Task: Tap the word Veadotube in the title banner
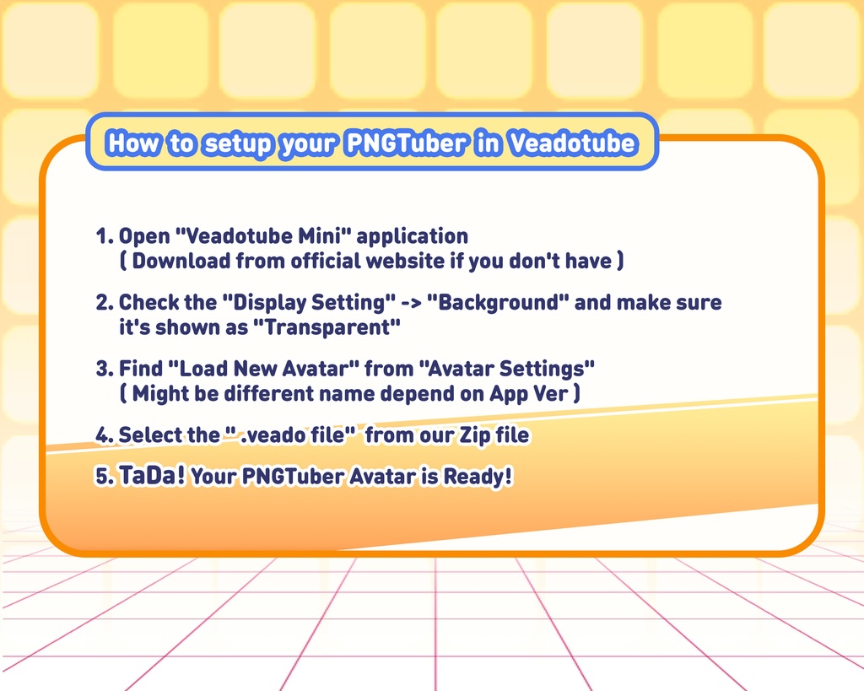coord(573,143)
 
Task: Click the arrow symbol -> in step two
coord(411,303)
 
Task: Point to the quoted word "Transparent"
coord(327,327)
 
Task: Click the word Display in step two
coord(264,304)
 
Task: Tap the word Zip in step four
coord(475,436)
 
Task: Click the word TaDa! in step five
coord(152,476)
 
